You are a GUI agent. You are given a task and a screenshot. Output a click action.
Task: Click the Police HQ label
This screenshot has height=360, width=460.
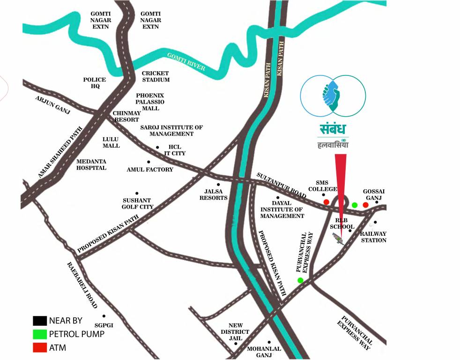(x=95, y=83)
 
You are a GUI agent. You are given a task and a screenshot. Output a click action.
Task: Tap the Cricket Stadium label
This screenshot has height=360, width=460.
(x=156, y=76)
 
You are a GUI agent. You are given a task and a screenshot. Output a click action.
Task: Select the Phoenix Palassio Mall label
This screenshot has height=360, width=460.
(x=150, y=101)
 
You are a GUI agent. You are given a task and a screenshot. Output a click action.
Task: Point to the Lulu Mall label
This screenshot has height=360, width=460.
(x=111, y=142)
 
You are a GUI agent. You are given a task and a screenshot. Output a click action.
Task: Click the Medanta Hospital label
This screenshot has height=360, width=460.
(x=91, y=164)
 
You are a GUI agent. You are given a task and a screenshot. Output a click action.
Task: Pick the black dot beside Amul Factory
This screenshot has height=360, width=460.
(x=148, y=162)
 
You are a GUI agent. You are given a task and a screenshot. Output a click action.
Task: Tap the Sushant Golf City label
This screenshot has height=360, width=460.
(x=137, y=203)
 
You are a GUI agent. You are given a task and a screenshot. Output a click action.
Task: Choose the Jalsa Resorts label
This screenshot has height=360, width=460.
(x=216, y=195)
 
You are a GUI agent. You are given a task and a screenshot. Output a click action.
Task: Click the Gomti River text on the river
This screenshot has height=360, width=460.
(x=186, y=62)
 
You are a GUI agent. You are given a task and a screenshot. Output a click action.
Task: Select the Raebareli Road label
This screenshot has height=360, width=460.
(x=82, y=285)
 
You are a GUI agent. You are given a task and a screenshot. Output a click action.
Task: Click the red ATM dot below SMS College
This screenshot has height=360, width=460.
(x=326, y=202)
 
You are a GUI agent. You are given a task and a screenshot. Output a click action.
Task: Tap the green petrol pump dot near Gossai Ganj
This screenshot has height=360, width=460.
(x=355, y=205)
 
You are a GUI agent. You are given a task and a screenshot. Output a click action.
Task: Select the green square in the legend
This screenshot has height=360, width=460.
(x=40, y=334)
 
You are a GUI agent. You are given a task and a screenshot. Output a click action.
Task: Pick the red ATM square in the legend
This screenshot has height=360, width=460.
(x=40, y=347)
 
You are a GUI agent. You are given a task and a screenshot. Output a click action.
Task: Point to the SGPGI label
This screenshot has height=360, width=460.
(x=104, y=325)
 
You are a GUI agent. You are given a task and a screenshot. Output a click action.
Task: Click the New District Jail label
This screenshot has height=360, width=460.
(x=239, y=331)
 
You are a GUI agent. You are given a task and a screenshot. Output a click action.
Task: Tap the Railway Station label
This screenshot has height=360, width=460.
(x=373, y=237)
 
